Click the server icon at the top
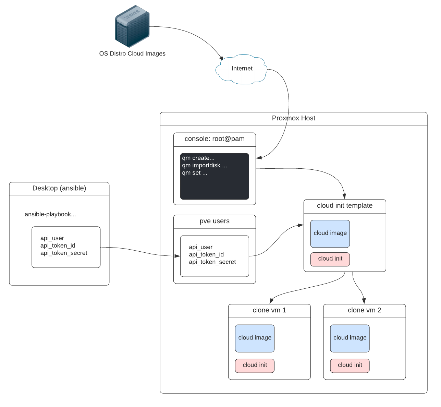click(x=132, y=26)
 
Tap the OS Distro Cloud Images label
click(x=132, y=53)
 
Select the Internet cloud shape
click(x=242, y=69)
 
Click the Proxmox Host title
click(x=293, y=118)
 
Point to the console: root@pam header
click(x=215, y=139)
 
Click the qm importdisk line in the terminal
click(x=205, y=165)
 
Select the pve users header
click(x=215, y=221)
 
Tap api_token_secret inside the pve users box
click(x=212, y=262)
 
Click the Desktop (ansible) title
click(x=59, y=188)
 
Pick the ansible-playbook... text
click(x=50, y=214)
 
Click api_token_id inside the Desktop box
click(x=58, y=246)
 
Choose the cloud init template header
click(x=345, y=206)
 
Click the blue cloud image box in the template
click(x=330, y=234)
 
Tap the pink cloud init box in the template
click(x=330, y=259)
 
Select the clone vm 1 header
click(x=269, y=310)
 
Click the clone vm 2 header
click(x=364, y=310)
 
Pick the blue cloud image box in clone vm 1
click(x=255, y=338)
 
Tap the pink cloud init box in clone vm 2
click(x=350, y=365)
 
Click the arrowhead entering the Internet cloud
click(x=221, y=58)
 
